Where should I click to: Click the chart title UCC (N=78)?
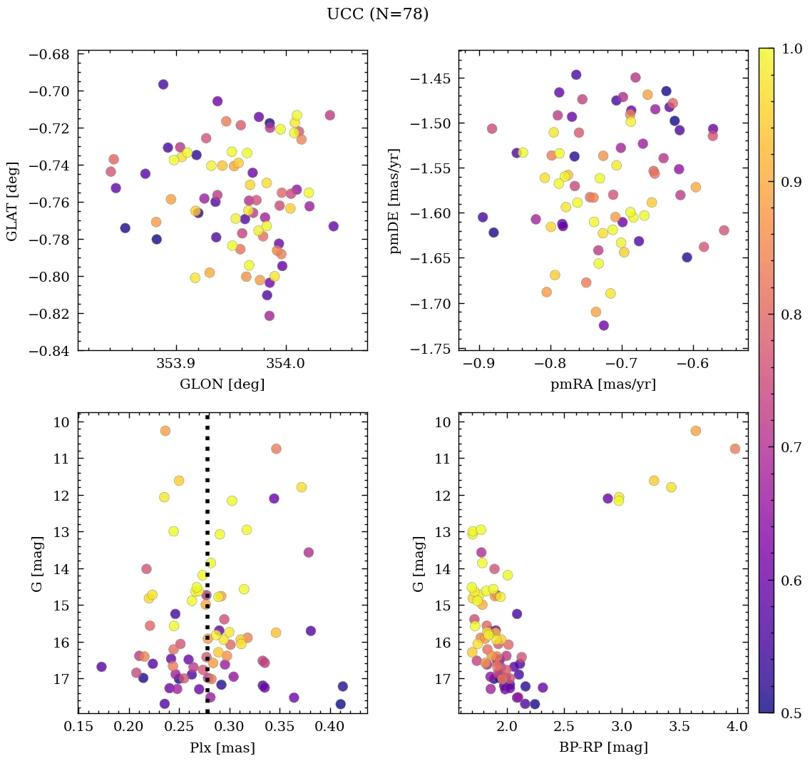pyautogui.click(x=377, y=14)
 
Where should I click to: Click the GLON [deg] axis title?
pyautogui.click(x=222, y=384)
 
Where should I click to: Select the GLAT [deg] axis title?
pyautogui.click(x=12, y=200)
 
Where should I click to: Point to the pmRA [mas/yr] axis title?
pyautogui.click(x=603, y=384)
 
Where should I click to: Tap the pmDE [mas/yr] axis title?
pyautogui.click(x=394, y=200)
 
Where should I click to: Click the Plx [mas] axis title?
pyautogui.click(x=222, y=747)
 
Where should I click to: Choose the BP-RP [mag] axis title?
pyautogui.click(x=603, y=747)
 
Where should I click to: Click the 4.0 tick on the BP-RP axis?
pyautogui.click(x=737, y=727)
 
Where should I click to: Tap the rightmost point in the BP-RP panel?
pyautogui.click(x=735, y=449)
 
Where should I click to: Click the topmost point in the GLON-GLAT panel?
pyautogui.click(x=163, y=84)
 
